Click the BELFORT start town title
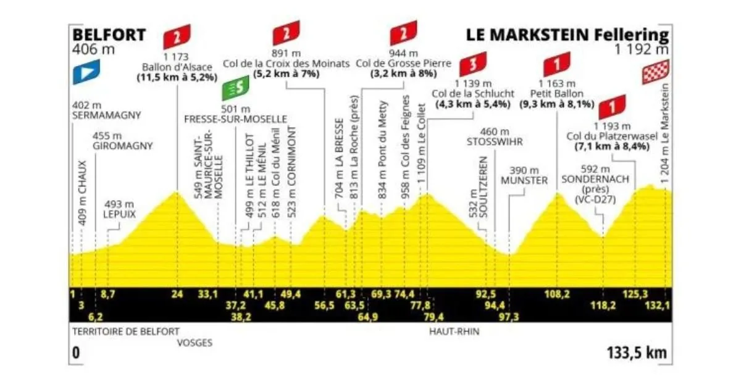[110, 35]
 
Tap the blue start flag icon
[83, 73]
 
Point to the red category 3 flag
[473, 64]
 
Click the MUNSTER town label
[524, 180]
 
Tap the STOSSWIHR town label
[495, 141]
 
